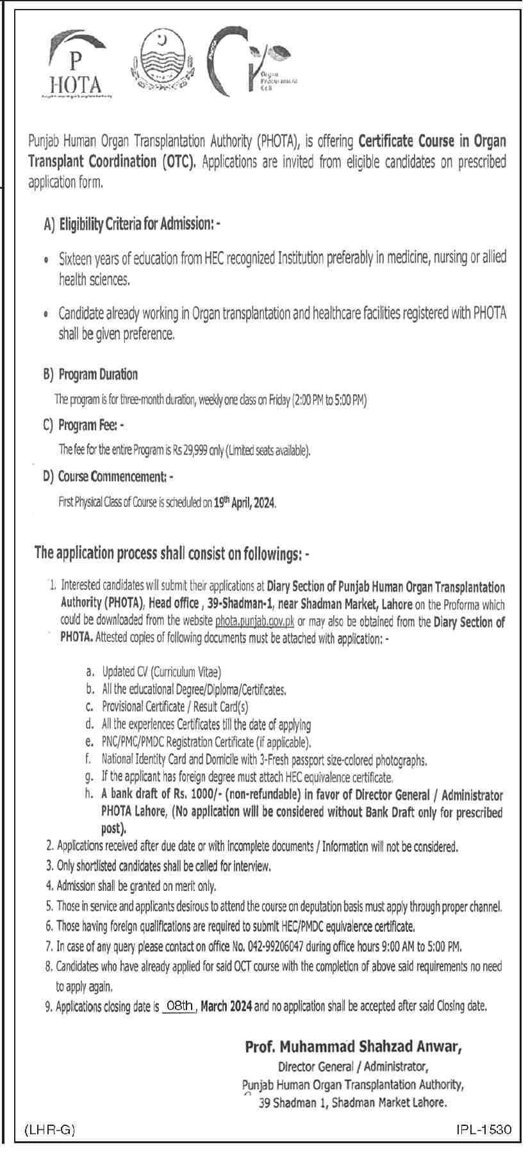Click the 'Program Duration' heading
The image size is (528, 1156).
pyautogui.click(x=98, y=374)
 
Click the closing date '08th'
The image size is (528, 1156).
pyautogui.click(x=179, y=1006)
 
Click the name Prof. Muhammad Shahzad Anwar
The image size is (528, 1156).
pyautogui.click(x=353, y=1047)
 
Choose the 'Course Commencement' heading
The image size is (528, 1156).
pyautogui.click(x=113, y=477)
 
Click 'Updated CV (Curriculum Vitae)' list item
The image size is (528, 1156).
pyautogui.click(x=161, y=672)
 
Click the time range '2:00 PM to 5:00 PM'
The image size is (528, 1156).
pyautogui.click(x=329, y=401)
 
